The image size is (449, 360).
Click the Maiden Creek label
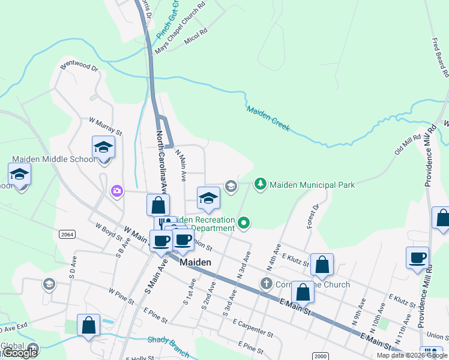click(268, 118)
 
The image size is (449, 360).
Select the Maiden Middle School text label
click(53, 159)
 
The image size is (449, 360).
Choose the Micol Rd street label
click(196, 37)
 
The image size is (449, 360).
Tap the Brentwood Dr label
click(79, 67)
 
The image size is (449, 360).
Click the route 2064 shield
click(67, 235)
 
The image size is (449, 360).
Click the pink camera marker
click(116, 191)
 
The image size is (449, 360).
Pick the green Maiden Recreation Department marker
click(243, 224)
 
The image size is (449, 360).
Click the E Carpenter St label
click(253, 328)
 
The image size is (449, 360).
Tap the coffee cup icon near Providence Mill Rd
click(417, 258)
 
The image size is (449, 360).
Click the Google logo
click(19, 353)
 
